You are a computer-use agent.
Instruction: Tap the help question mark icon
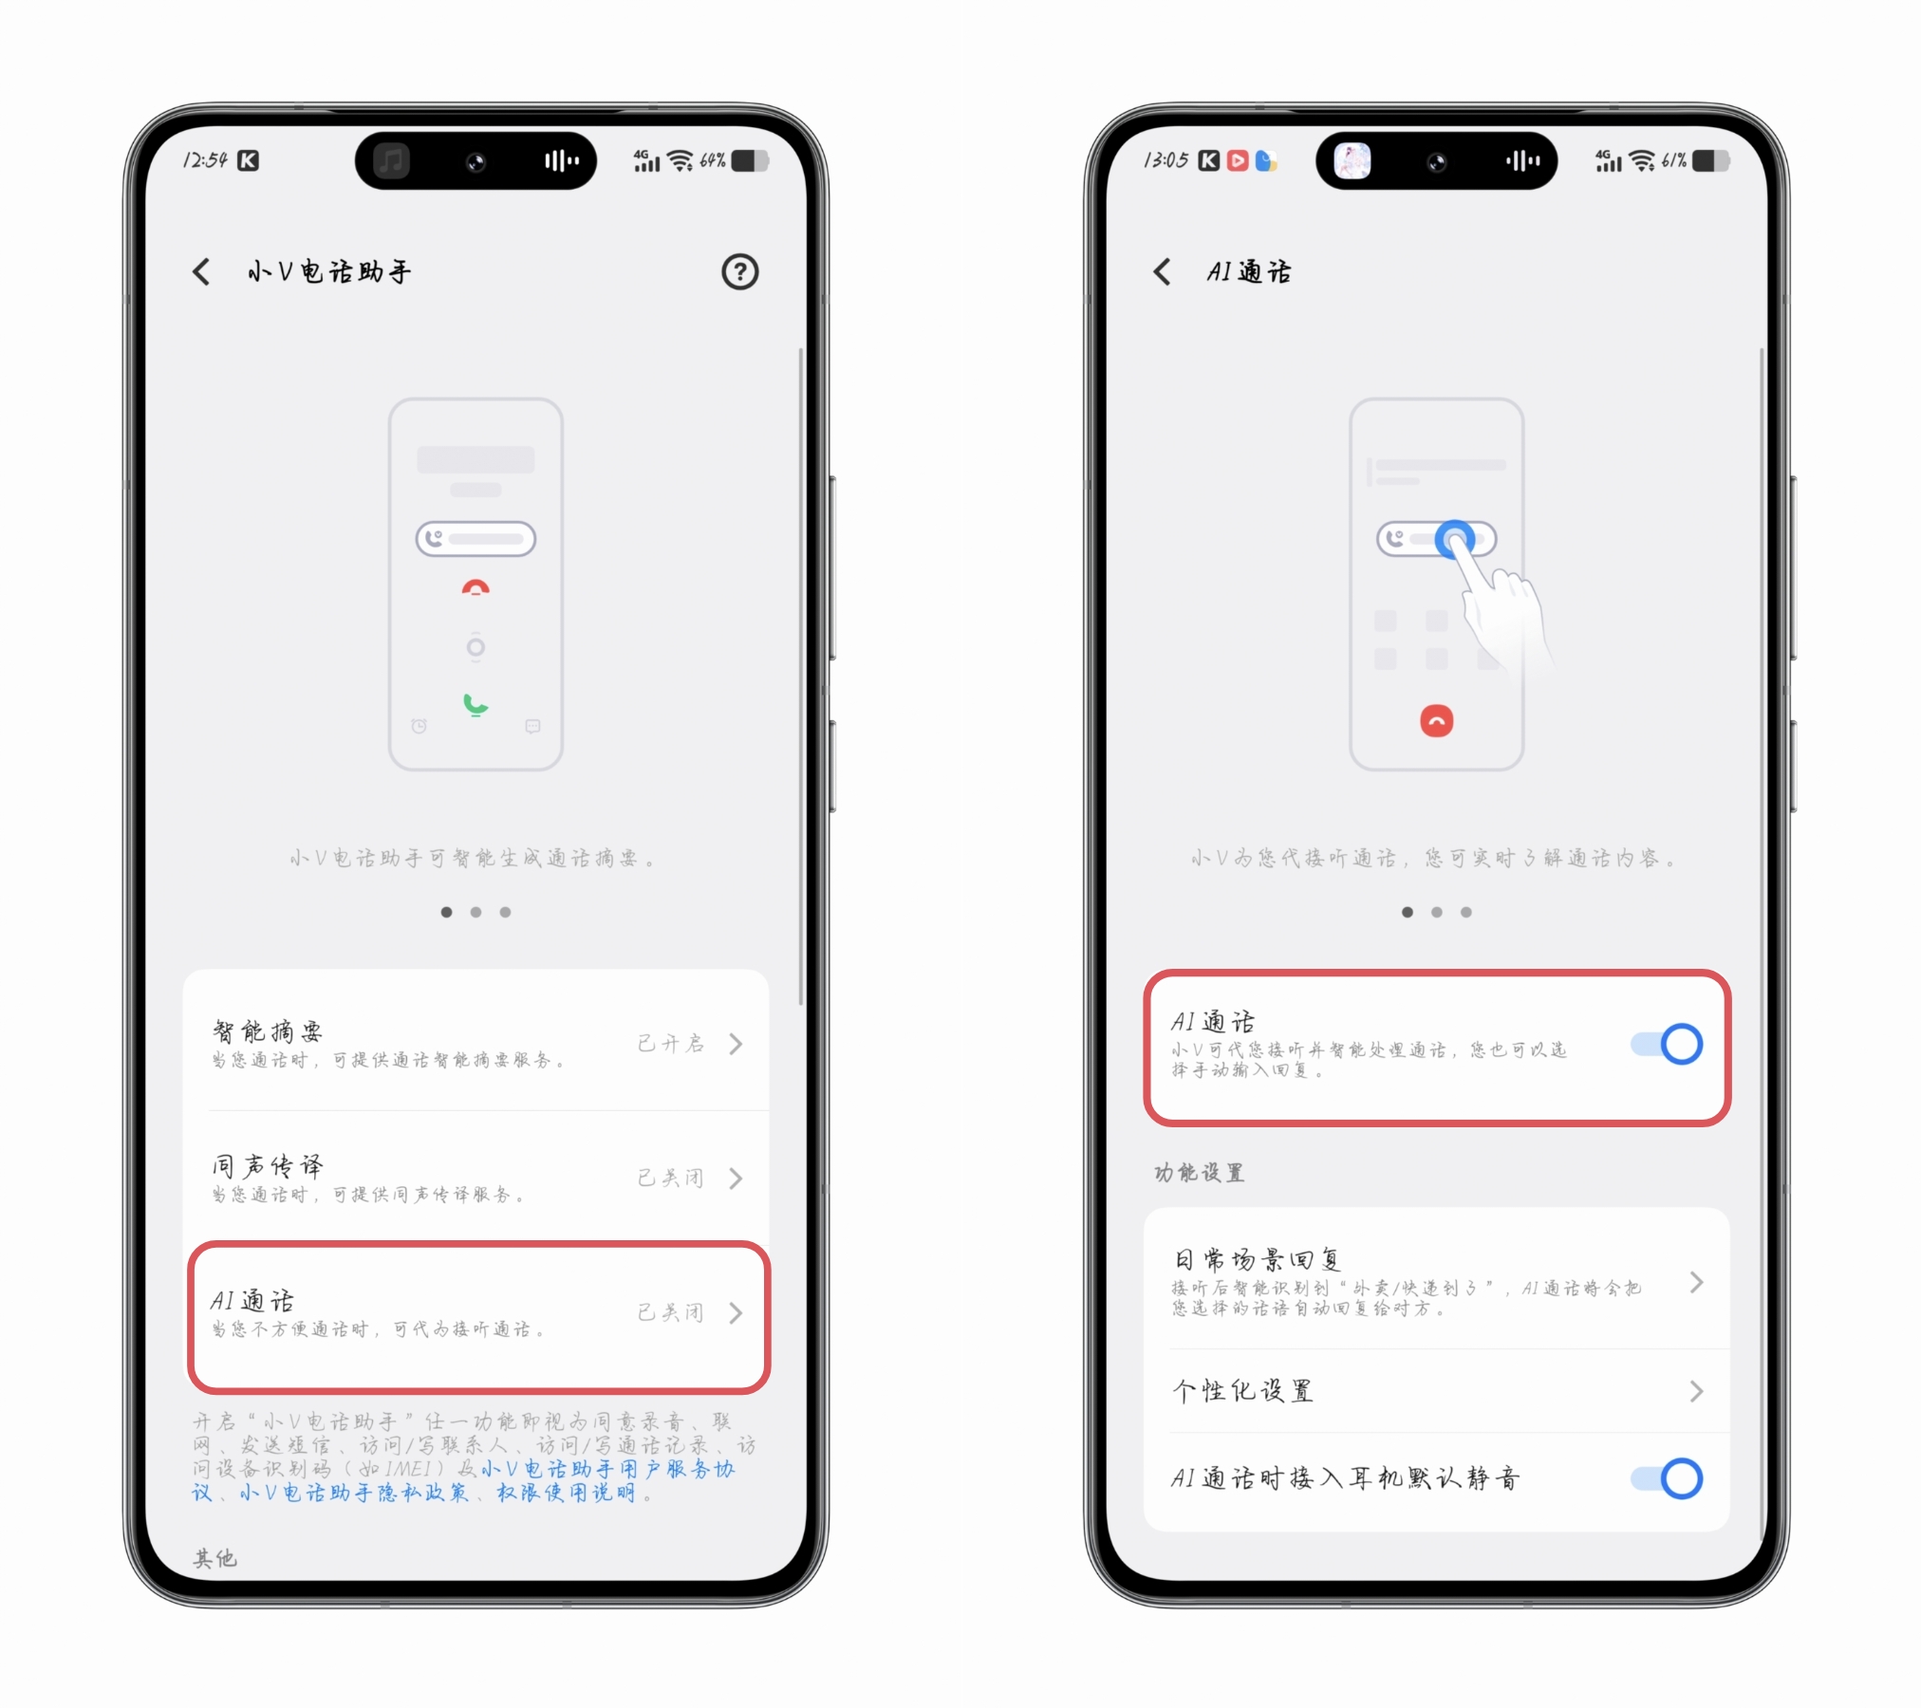(739, 272)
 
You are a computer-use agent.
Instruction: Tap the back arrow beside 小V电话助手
(201, 272)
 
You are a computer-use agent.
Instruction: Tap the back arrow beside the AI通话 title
(1162, 272)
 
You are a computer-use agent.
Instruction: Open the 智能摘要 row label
(268, 1031)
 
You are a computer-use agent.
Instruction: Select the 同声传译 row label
(268, 1165)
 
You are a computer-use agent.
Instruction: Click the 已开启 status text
(671, 1044)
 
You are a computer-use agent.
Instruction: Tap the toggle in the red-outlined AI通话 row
(1667, 1044)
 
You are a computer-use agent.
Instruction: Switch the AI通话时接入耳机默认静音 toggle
(1667, 1478)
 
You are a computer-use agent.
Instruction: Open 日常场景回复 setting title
(1258, 1260)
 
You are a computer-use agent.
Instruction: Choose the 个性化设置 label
(1243, 1391)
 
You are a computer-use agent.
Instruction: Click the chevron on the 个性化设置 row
(1697, 1391)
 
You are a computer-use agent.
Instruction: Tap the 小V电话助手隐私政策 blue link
(354, 1493)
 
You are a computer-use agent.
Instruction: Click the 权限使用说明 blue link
(567, 1493)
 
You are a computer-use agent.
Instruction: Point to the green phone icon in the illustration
(476, 705)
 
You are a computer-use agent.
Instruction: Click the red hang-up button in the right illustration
(1437, 721)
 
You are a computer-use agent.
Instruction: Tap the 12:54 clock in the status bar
(205, 160)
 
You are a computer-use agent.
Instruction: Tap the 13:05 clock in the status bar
(1166, 160)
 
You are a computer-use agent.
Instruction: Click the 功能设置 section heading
(1199, 1173)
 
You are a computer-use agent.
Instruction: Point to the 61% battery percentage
(1674, 160)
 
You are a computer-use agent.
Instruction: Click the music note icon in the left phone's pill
(391, 160)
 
